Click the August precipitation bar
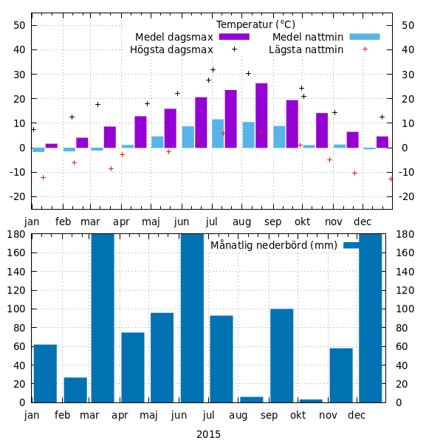point(251,399)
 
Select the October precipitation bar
point(311,401)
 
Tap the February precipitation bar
point(75,390)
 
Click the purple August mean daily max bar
point(261,115)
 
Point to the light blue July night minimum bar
point(218,134)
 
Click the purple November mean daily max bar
point(322,130)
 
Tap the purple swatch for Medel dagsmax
point(234,37)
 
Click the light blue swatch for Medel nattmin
point(364,37)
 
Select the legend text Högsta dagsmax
point(171,50)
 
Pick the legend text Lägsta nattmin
point(306,50)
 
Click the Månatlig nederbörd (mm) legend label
point(273,245)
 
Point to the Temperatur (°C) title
point(255,24)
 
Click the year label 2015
point(208,434)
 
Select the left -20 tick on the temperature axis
point(18,196)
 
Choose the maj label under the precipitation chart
point(151,416)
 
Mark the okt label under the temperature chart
point(302,221)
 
